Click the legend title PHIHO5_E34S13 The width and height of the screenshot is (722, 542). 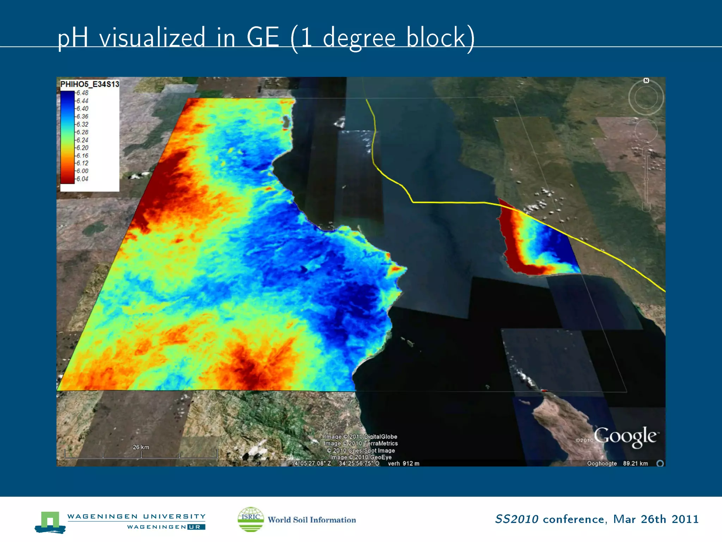coord(90,84)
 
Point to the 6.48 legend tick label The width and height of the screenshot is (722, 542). coord(82,93)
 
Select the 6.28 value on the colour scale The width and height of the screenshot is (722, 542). coord(82,132)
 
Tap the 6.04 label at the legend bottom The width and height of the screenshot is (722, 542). coord(82,179)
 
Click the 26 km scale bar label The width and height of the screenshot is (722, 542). coord(141,447)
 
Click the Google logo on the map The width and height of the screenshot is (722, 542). coord(625,436)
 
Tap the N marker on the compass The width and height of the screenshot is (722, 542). coord(646,80)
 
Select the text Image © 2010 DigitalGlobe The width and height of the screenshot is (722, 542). coord(361,436)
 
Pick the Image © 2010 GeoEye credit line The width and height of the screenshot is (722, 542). coord(361,457)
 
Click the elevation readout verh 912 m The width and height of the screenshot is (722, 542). coord(403,463)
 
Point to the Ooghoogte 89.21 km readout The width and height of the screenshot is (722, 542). coord(617,463)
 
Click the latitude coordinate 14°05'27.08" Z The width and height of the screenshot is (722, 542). coord(311,463)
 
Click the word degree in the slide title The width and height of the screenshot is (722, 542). coord(359,38)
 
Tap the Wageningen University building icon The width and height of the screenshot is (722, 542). coord(50,522)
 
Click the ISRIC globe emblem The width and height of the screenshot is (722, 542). coord(251,519)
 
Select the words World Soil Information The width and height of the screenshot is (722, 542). coord(312,520)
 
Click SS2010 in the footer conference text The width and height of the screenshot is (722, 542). coord(516,519)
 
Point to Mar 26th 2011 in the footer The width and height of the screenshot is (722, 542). coord(656,519)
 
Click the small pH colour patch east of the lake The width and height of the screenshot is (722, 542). coord(538,243)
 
